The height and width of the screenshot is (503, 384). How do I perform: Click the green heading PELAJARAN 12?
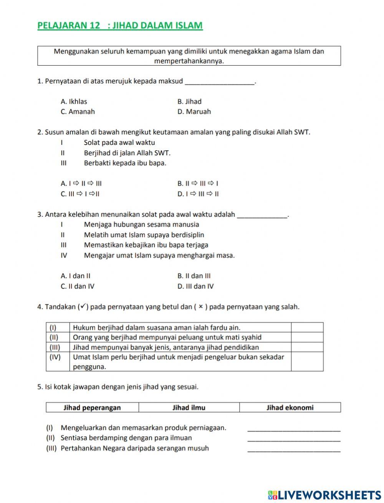(120, 26)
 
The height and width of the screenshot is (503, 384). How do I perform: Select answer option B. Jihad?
(189, 102)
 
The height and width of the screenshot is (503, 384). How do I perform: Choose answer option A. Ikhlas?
(74, 102)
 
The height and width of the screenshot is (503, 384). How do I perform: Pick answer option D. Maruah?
(194, 112)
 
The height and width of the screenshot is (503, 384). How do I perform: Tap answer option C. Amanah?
(78, 112)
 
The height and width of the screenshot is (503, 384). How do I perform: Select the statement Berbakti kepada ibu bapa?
(125, 163)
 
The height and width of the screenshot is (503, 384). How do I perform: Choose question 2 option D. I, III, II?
(198, 194)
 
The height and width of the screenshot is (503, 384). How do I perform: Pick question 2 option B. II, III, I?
(198, 184)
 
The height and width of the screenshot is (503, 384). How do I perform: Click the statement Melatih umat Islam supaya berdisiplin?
(144, 235)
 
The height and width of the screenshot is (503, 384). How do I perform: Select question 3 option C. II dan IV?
(78, 286)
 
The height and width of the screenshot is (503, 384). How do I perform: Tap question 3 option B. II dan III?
(194, 276)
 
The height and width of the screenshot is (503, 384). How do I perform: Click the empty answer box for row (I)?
(307, 327)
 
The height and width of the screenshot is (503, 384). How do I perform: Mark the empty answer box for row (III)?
(307, 347)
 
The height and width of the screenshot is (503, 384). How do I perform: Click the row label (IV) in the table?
(55, 357)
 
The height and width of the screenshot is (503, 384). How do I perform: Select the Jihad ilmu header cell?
(189, 408)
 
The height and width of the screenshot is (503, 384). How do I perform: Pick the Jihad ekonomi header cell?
(290, 408)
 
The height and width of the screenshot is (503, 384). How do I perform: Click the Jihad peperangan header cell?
(92, 408)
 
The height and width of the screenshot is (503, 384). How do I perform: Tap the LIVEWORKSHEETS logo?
(324, 495)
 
